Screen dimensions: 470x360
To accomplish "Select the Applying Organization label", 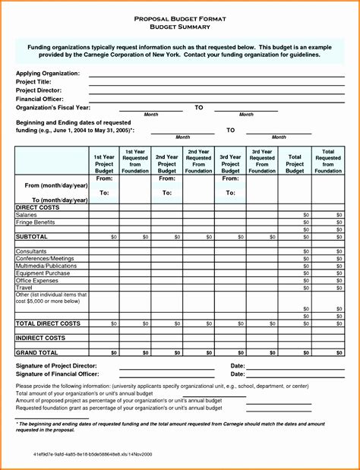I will (x=48, y=73).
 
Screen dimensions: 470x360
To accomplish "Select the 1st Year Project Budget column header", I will (x=104, y=161).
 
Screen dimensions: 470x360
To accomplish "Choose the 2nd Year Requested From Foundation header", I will (x=198, y=161).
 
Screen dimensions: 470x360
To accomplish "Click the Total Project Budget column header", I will (x=295, y=161).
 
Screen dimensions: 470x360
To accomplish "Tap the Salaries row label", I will (x=27, y=215).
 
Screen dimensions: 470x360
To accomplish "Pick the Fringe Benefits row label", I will (x=35, y=222).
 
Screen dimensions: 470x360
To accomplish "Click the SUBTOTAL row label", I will (x=32, y=237).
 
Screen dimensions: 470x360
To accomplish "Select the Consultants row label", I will (x=31, y=251).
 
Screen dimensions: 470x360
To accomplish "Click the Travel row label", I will (x=24, y=287).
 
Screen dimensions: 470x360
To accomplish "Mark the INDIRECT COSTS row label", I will (x=40, y=337).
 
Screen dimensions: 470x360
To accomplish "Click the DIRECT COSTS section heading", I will (x=37, y=207).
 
